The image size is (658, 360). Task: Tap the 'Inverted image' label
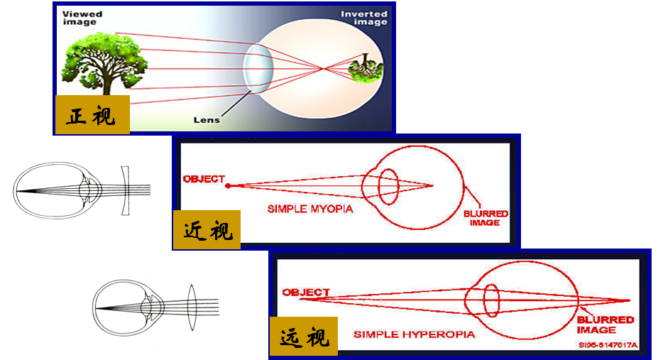(363, 18)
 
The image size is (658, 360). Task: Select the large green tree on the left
(104, 61)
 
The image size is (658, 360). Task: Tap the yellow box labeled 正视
(92, 114)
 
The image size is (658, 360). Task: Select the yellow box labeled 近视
(207, 230)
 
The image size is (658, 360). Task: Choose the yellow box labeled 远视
(303, 338)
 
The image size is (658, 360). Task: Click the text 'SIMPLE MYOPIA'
(310, 209)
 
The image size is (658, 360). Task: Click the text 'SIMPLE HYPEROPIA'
(415, 334)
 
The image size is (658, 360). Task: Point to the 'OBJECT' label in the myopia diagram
(204, 179)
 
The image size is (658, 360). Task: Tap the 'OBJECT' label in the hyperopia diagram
(306, 292)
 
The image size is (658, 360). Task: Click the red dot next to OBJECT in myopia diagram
(229, 185)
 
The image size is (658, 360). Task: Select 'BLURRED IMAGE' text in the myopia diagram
(486, 217)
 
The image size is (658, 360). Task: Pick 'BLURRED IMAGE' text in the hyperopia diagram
(605, 324)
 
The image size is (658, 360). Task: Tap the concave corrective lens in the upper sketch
(125, 190)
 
